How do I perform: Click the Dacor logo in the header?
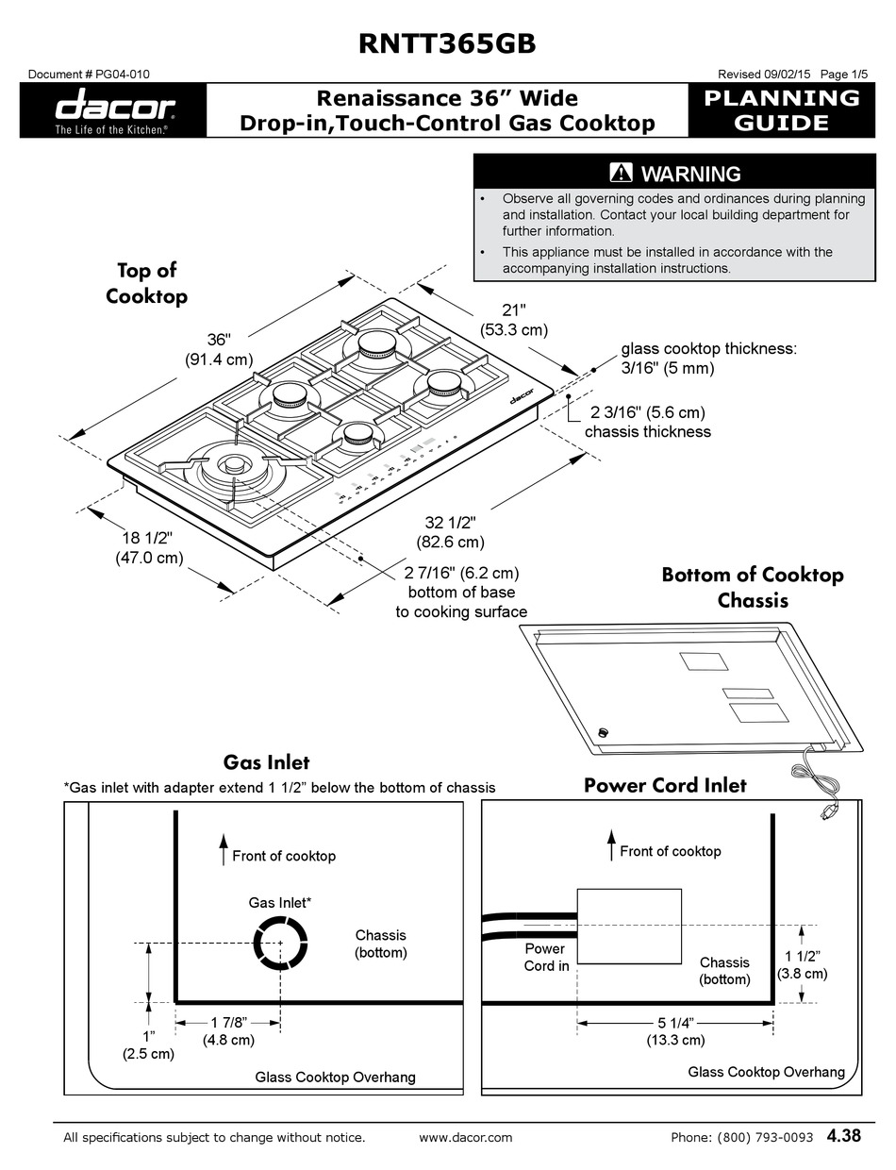[113, 110]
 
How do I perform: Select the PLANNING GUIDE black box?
[782, 110]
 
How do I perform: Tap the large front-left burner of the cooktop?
[231, 466]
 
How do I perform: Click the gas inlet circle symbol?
[280, 943]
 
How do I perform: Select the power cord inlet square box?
[629, 926]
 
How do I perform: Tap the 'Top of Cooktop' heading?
[146, 283]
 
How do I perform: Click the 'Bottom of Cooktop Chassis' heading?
[752, 587]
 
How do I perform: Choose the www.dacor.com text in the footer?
[465, 1137]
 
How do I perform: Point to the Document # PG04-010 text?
[89, 75]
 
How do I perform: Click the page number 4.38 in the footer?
[843, 1136]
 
